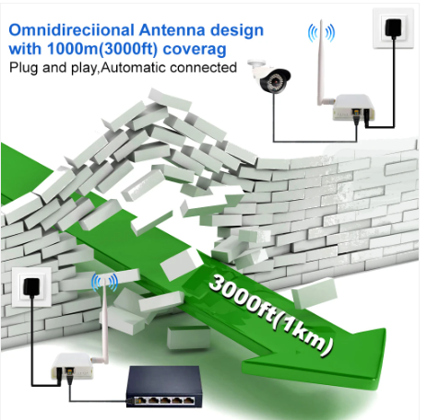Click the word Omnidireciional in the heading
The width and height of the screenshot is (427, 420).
tap(72, 30)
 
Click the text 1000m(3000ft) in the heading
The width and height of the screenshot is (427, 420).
tap(102, 49)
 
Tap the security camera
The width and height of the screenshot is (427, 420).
tap(269, 76)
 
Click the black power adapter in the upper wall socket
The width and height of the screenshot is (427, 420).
tap(393, 28)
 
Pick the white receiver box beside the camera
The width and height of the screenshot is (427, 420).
tap(354, 108)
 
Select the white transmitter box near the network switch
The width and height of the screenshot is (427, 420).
tap(73, 366)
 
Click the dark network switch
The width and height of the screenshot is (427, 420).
tap(164, 387)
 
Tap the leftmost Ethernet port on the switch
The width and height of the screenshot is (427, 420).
tap(141, 401)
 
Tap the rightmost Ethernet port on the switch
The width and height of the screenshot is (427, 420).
tap(188, 401)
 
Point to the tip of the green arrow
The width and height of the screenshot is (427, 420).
tap(379, 390)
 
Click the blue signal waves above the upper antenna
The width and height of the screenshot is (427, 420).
tap(321, 32)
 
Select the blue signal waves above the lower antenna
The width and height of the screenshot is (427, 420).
tap(104, 283)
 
